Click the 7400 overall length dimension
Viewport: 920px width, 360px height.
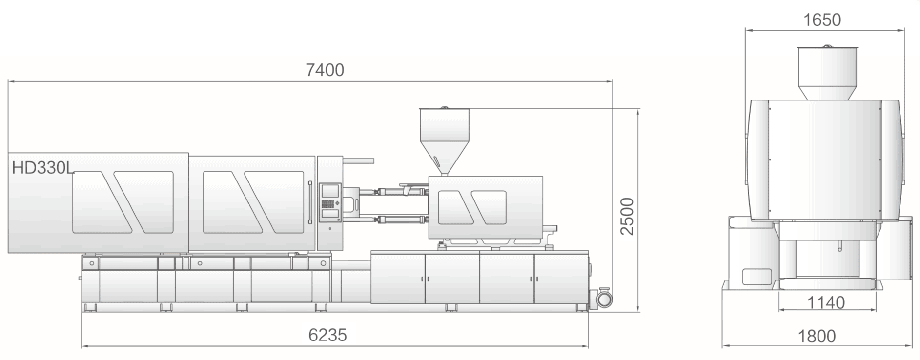pos(325,70)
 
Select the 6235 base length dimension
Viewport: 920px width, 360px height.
pos(327,335)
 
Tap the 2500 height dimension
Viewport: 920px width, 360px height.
pos(627,216)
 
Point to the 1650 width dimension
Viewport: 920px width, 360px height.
pos(822,20)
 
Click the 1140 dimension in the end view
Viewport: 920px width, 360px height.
pos(826,302)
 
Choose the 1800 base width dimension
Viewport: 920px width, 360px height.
pos(817,336)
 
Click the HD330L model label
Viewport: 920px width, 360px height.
pos(43,168)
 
